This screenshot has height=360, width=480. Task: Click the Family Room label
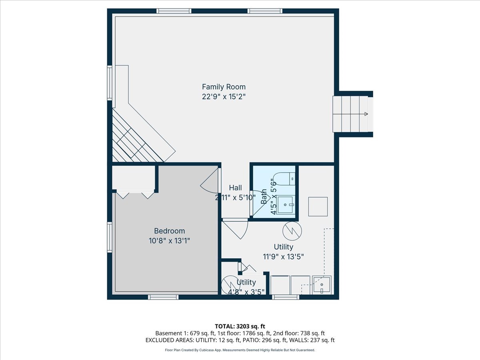point(224,87)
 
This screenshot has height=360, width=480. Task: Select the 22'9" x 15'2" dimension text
point(224,96)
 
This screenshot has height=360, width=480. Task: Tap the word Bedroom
point(170,231)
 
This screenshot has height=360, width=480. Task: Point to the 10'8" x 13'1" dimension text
point(170,241)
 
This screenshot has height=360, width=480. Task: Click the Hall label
point(235,188)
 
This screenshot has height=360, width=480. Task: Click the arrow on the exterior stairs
point(365,114)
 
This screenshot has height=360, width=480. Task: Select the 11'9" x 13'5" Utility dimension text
point(283,257)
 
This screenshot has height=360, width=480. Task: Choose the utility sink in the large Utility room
point(322,285)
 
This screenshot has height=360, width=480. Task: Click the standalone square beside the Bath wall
point(318,207)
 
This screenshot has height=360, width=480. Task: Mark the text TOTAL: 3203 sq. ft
point(240,326)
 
